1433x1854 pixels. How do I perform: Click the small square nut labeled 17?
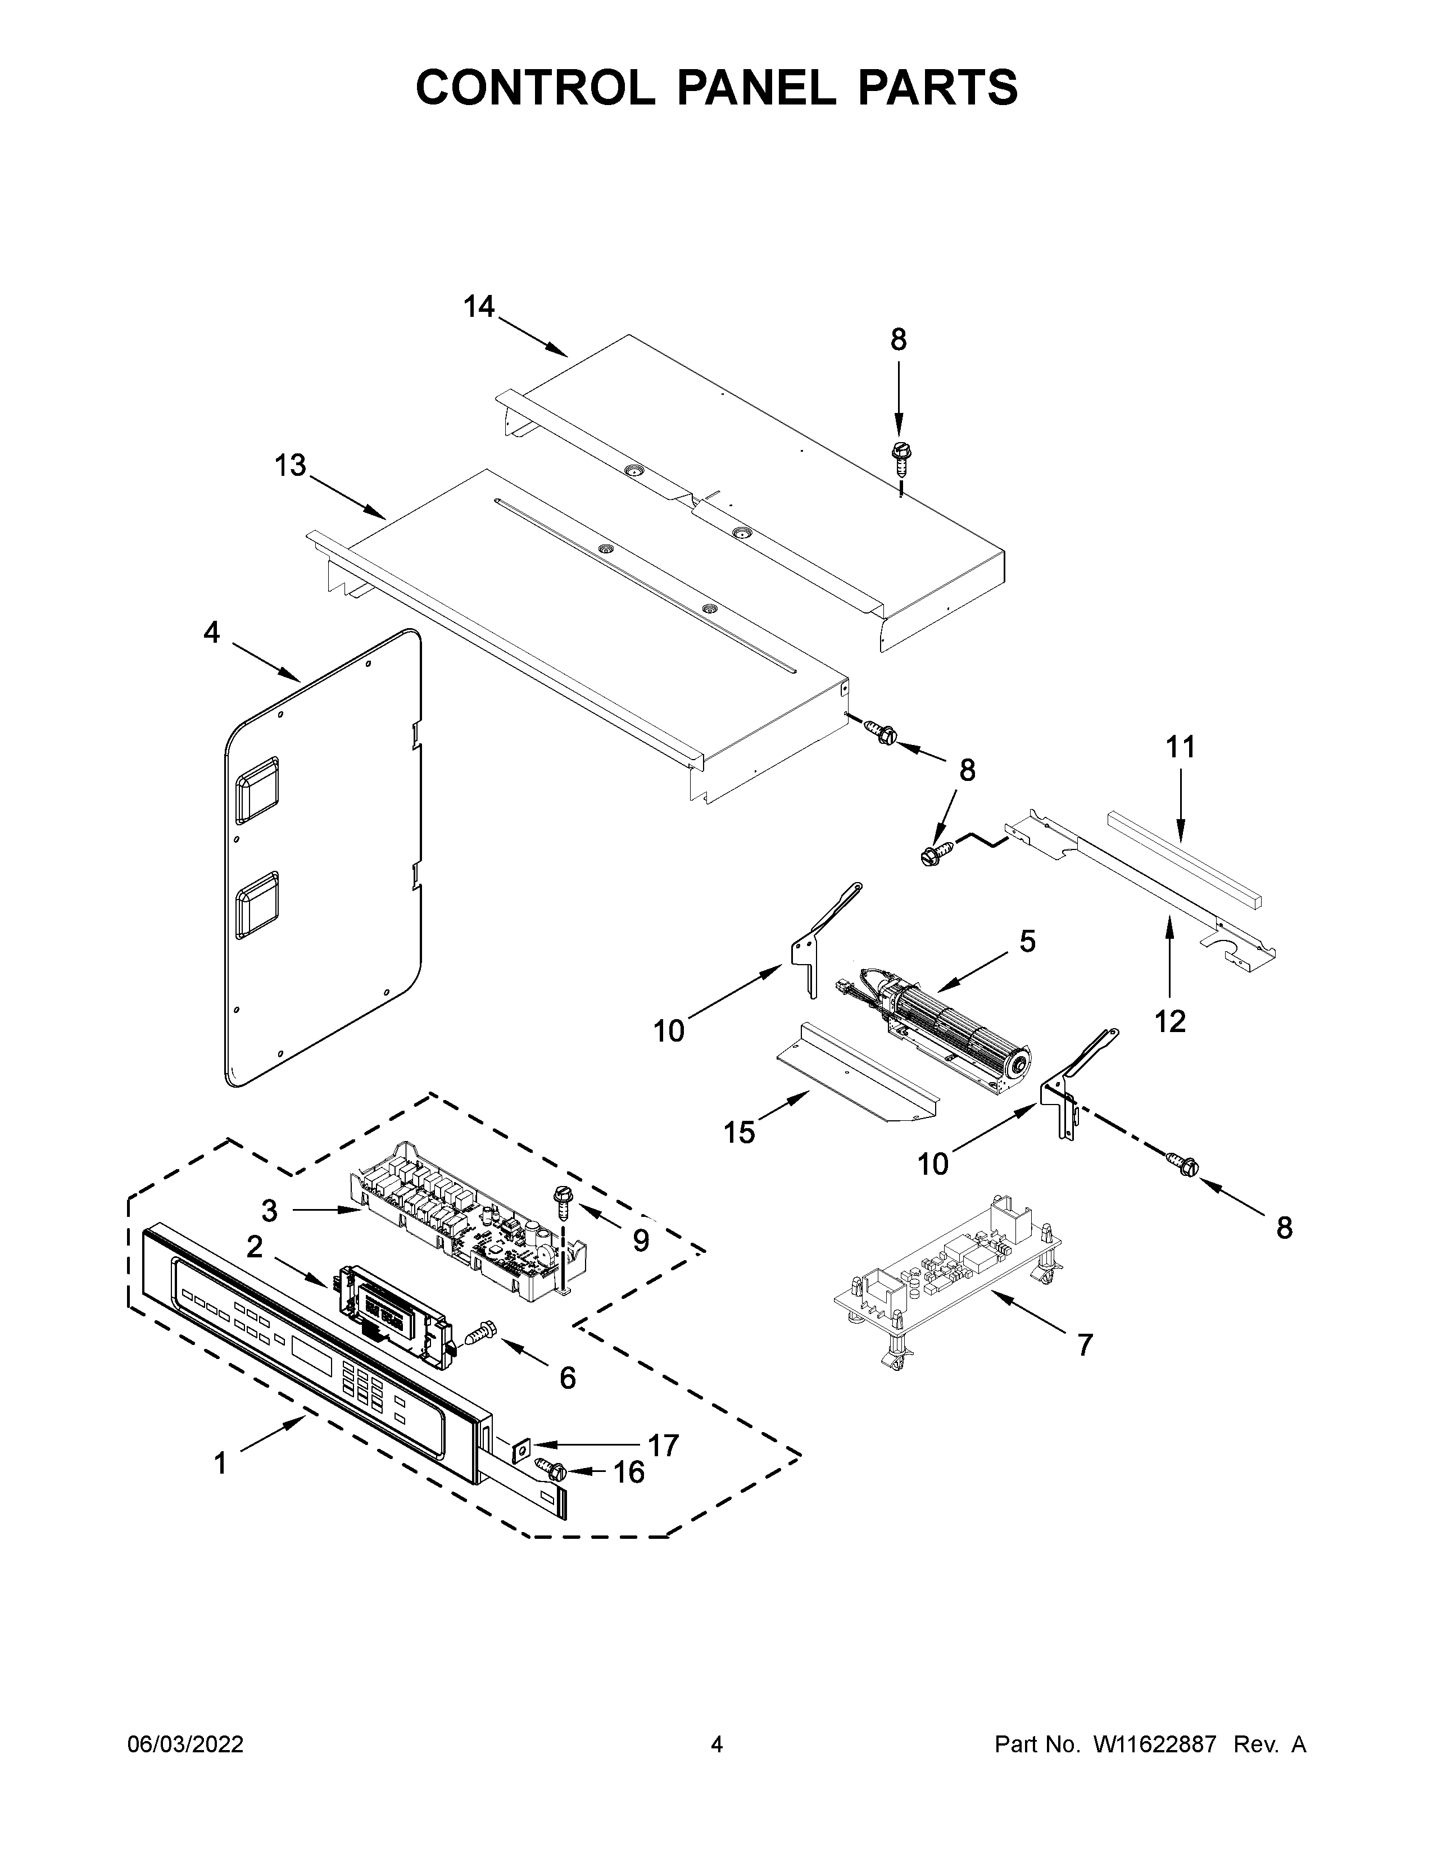[x=520, y=1443]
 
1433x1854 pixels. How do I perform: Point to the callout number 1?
[x=221, y=1464]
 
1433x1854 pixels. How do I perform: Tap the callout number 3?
[x=269, y=1211]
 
